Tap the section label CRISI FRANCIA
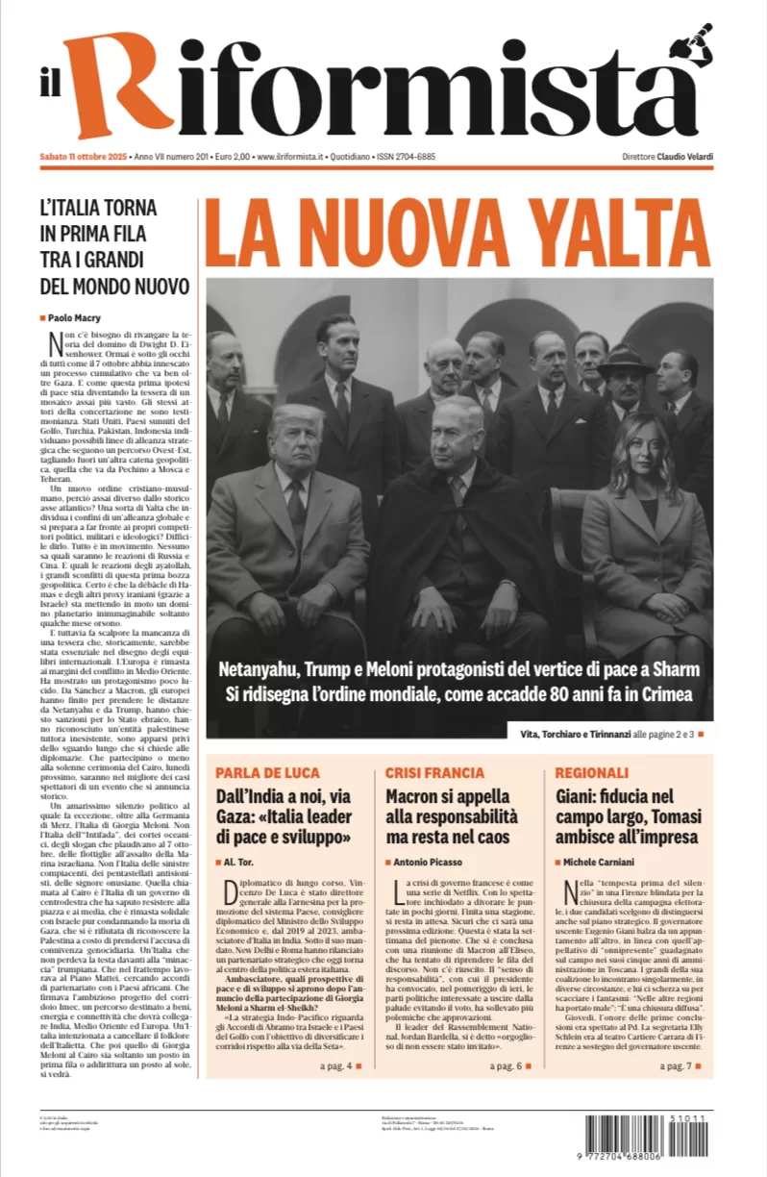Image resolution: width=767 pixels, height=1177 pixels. (434, 772)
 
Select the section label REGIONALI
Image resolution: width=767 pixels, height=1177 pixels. (591, 772)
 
